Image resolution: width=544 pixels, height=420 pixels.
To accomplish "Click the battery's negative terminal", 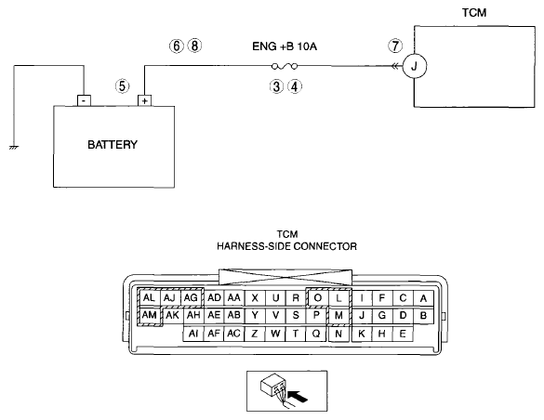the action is (x=84, y=100).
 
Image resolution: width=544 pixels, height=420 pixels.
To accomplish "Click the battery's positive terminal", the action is (x=145, y=100).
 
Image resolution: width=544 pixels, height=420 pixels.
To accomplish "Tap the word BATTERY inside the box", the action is (x=113, y=145).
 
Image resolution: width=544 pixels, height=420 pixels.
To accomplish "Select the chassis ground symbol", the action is (x=14, y=148).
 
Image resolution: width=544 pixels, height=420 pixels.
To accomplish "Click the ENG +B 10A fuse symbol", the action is (x=285, y=66).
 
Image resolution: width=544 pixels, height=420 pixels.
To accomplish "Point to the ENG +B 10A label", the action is (x=285, y=46).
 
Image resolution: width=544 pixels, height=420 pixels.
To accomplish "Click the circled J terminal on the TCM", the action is (x=414, y=66).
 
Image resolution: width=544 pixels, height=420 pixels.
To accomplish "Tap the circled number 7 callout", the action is (x=395, y=46).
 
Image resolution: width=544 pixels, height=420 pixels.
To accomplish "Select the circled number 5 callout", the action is (x=122, y=85).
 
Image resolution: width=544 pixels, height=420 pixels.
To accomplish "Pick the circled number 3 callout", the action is (x=276, y=86).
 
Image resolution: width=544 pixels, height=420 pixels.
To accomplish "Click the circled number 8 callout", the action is (x=194, y=46).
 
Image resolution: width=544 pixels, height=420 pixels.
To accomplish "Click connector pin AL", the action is (x=149, y=297).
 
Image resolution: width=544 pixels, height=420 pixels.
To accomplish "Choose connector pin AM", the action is (x=149, y=315).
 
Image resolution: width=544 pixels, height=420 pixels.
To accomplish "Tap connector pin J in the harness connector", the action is (x=362, y=315).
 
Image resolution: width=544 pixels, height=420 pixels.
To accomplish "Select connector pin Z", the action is (x=255, y=334).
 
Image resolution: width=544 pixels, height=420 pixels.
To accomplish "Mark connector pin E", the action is (x=403, y=334).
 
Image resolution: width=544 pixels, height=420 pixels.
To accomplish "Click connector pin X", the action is (x=255, y=297).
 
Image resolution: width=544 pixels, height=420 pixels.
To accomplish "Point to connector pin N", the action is (x=338, y=334).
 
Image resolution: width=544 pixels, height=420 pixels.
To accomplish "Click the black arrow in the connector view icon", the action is (x=298, y=396).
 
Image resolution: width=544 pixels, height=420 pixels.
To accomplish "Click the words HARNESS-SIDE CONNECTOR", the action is (x=287, y=246).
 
